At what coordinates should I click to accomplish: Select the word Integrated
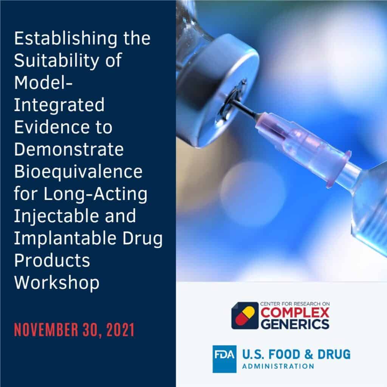(59, 106)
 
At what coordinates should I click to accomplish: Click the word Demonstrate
(69, 150)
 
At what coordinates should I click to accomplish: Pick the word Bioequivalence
(78, 172)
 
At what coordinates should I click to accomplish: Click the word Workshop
(57, 283)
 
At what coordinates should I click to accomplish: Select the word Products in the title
(52, 261)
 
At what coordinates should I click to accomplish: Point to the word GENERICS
(294, 324)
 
